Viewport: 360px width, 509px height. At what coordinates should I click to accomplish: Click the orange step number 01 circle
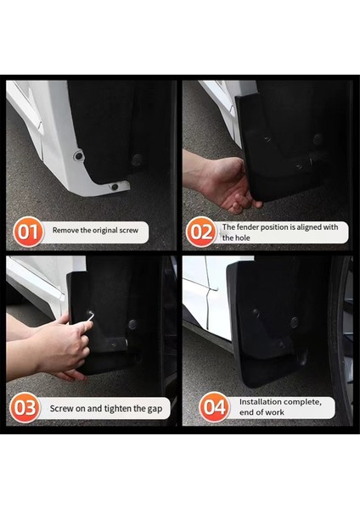coord(29,231)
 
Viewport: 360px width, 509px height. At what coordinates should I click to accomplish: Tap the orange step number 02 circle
coord(201,231)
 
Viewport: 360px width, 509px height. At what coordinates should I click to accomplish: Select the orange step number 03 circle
coord(25,408)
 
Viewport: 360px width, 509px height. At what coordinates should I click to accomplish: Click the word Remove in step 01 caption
coord(67,230)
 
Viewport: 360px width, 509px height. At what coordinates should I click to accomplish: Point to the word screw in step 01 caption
coord(131,230)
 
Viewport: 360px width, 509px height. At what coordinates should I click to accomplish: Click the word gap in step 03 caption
coord(154,408)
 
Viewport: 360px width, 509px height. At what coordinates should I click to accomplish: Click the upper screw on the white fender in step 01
coord(78,157)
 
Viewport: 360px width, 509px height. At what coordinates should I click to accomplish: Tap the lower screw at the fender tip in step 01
coord(115,187)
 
